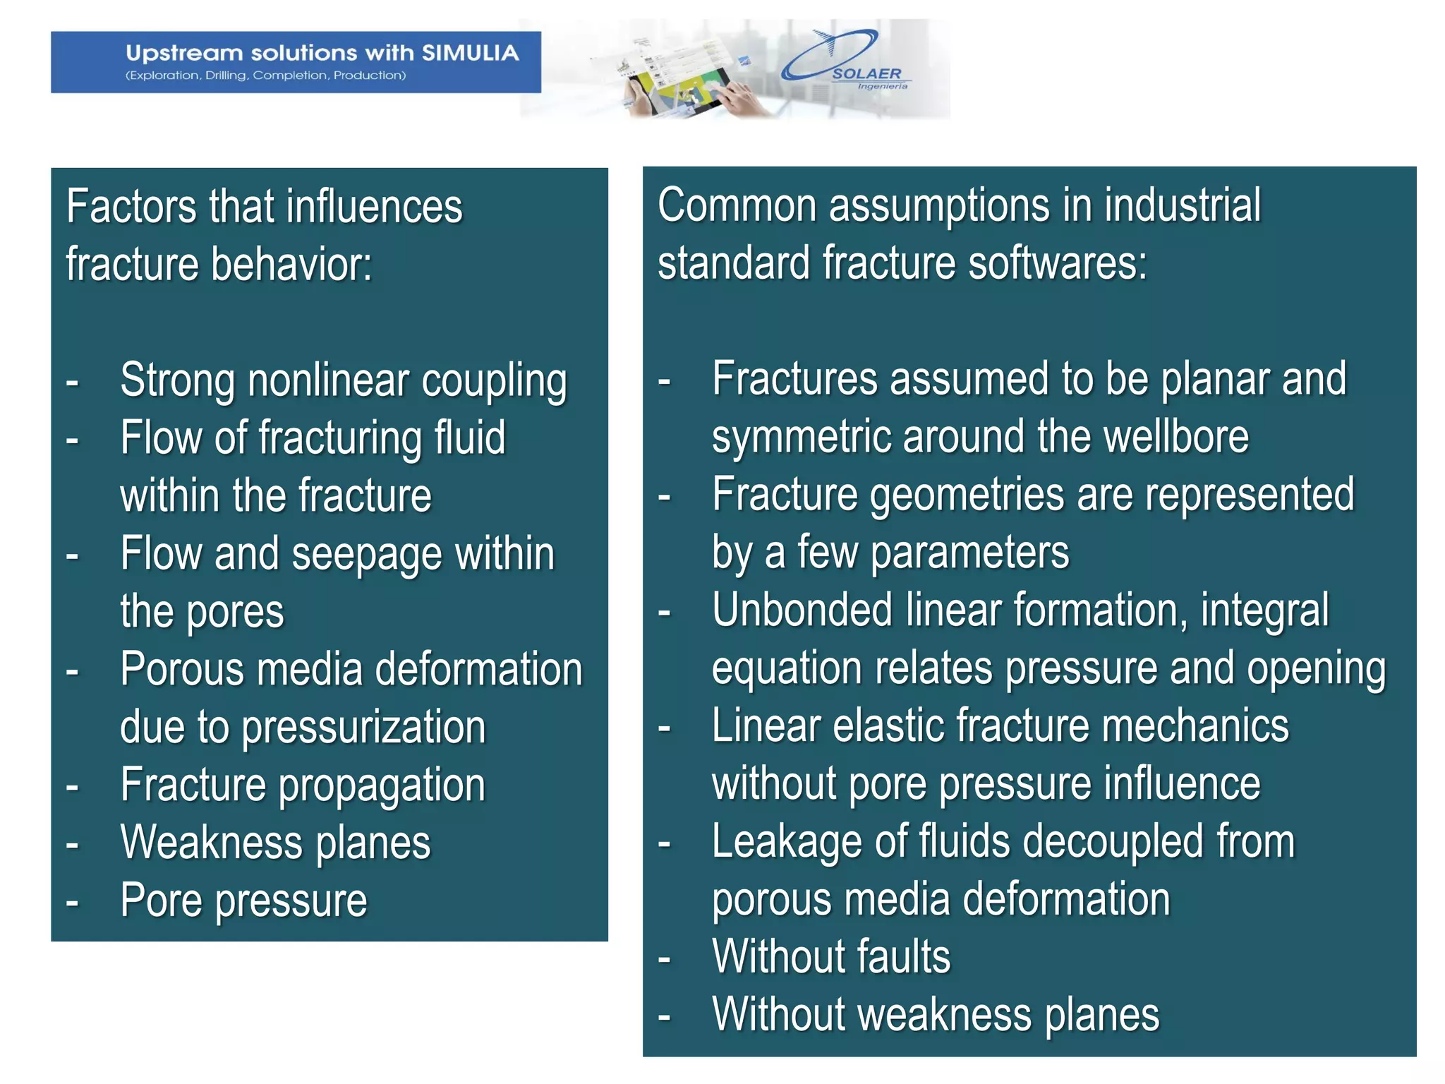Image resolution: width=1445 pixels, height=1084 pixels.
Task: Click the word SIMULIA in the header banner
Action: coord(470,53)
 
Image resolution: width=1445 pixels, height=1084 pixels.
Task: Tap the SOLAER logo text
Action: coord(866,73)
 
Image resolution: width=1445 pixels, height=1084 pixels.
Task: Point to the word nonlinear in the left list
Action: coord(327,380)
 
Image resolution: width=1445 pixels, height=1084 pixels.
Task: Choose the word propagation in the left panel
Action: coord(382,785)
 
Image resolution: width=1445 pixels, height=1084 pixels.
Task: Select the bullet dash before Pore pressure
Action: coord(72,902)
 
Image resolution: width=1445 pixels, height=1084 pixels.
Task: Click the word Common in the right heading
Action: coord(737,205)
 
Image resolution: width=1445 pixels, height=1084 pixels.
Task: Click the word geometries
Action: coord(967,495)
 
